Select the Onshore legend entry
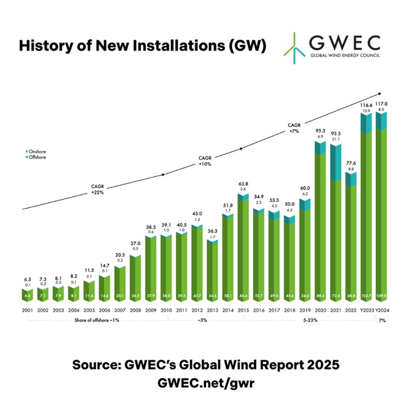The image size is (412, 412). pyautogui.click(x=37, y=151)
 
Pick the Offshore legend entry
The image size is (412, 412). pyautogui.click(x=37, y=157)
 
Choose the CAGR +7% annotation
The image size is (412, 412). pyautogui.click(x=294, y=129)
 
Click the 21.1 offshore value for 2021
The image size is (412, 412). pyautogui.click(x=336, y=140)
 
